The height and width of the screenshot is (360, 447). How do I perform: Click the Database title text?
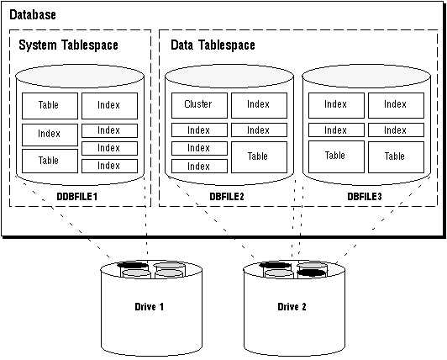tap(33, 14)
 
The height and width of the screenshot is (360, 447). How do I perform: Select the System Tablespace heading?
tap(68, 45)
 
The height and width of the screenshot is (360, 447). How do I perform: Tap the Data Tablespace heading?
tap(213, 45)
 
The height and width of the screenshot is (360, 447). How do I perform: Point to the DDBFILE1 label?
tap(77, 197)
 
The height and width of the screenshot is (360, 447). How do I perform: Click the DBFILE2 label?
tap(227, 197)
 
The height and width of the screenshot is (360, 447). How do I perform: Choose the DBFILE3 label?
tap(365, 197)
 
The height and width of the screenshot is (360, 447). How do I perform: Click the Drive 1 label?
tap(149, 307)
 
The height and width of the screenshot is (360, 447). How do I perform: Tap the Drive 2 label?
tap(292, 307)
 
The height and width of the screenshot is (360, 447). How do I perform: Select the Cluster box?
tap(199, 105)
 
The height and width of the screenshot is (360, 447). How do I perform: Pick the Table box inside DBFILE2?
tap(259, 157)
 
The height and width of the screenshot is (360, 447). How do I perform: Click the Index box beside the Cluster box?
tap(259, 105)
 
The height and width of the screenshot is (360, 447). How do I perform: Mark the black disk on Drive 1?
tap(133, 265)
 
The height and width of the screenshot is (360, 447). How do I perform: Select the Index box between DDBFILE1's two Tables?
tap(50, 135)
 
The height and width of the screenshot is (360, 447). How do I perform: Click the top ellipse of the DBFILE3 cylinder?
tap(366, 77)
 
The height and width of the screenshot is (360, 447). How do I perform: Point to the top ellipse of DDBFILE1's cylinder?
tap(80, 77)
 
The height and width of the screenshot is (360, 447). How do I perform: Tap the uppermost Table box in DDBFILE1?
tap(50, 106)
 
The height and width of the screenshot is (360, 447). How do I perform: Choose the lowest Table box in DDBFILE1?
tap(50, 161)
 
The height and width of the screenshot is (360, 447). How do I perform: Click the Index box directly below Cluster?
tap(199, 130)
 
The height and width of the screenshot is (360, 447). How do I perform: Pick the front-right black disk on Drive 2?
tap(312, 273)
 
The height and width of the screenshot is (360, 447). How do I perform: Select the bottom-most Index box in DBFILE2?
tap(199, 167)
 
